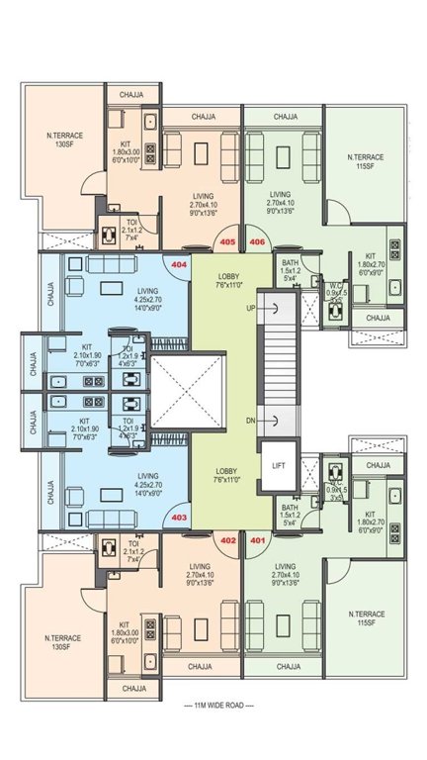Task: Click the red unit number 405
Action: tap(226, 241)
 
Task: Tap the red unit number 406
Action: tap(257, 241)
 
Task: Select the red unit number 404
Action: tap(179, 265)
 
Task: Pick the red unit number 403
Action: tap(179, 517)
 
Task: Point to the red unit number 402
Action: tap(226, 540)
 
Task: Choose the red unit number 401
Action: tap(257, 540)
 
